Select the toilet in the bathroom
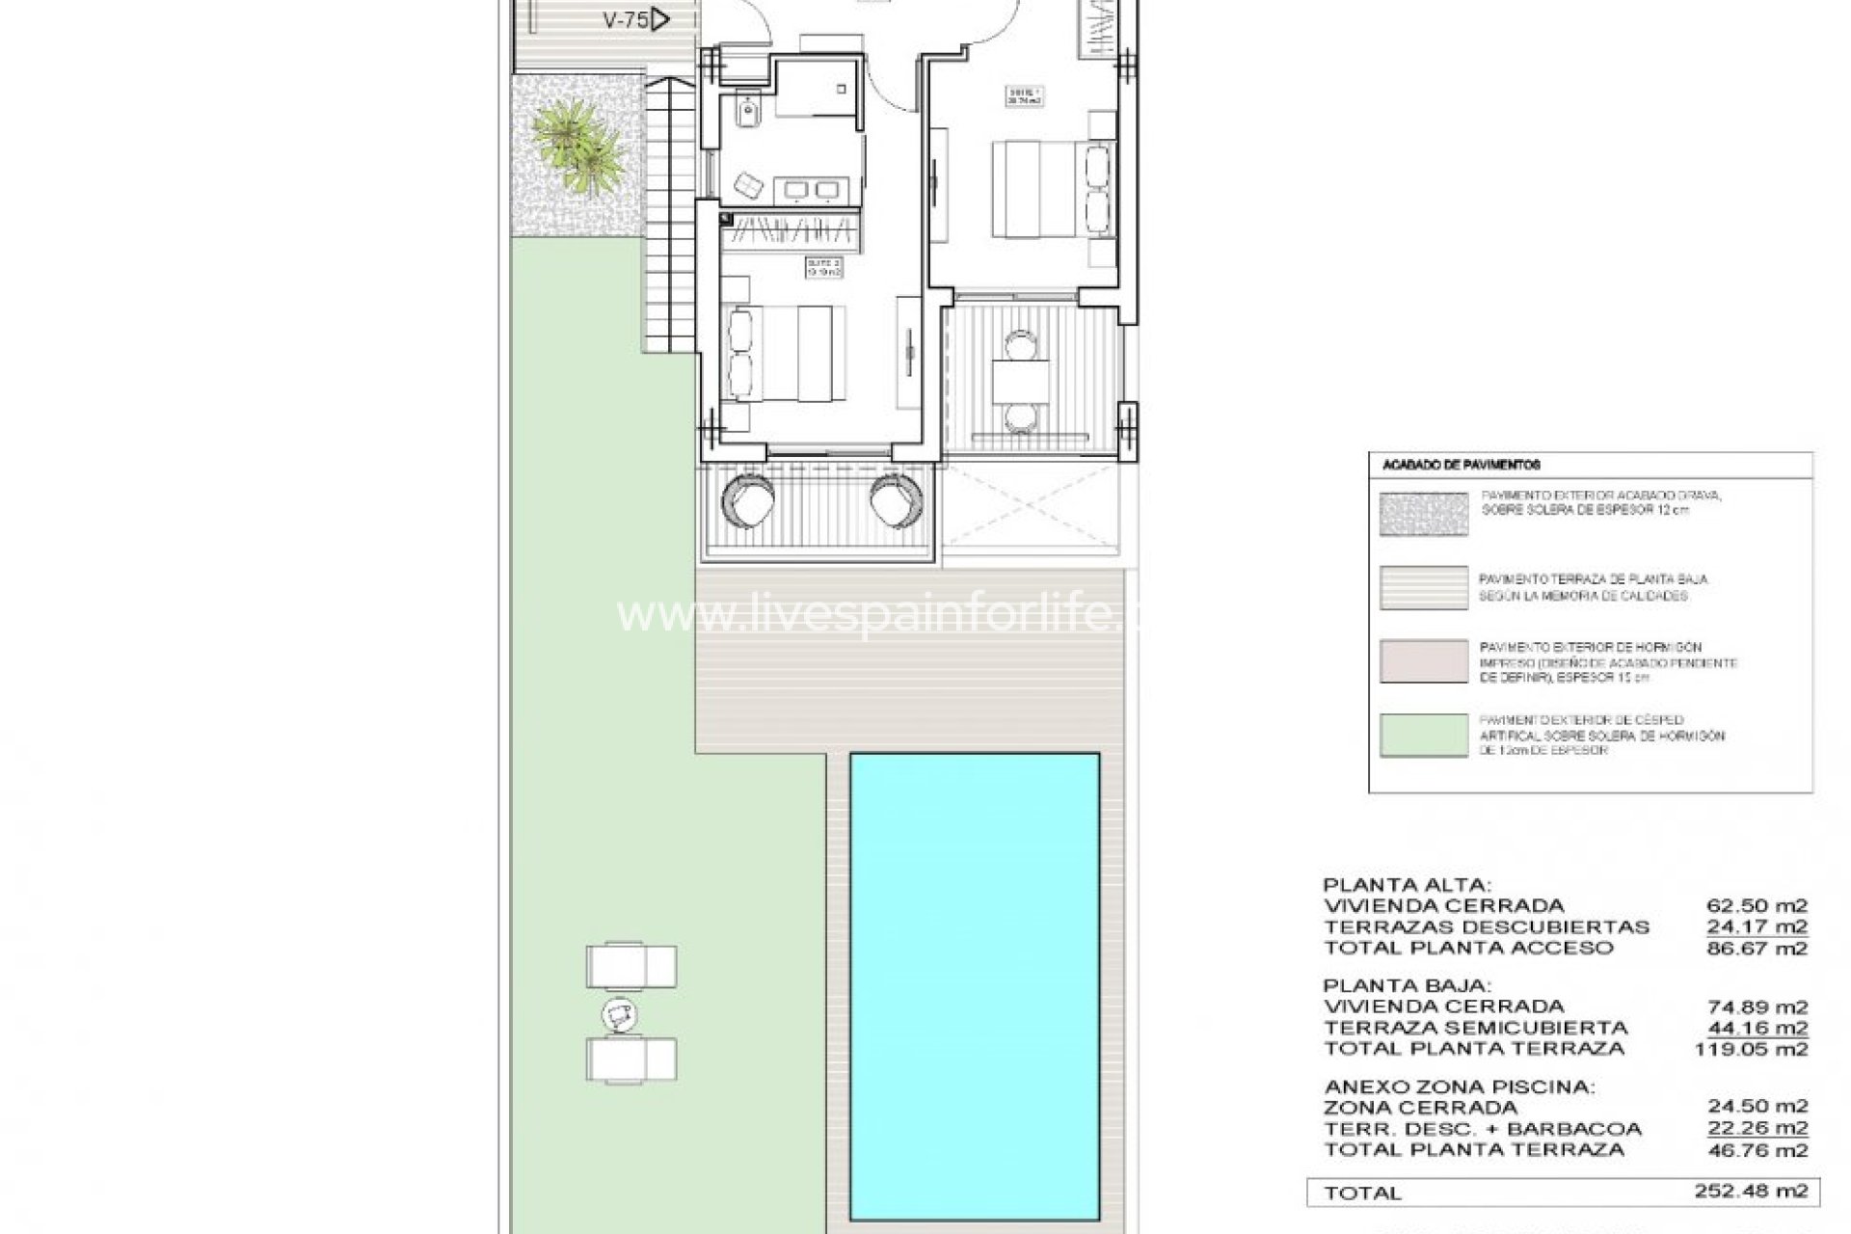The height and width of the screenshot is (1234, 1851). click(x=745, y=117)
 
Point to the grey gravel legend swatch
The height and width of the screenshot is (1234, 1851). click(x=1423, y=514)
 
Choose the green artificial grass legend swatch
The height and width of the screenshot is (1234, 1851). click(x=1423, y=735)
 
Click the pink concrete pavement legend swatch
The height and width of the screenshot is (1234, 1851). click(x=1423, y=661)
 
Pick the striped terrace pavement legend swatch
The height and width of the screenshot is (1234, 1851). click(x=1423, y=587)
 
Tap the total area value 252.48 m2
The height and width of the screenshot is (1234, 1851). click(x=1751, y=1192)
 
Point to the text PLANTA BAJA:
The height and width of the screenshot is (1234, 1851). click(x=1407, y=986)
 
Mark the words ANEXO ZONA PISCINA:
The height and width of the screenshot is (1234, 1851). click(x=1459, y=1087)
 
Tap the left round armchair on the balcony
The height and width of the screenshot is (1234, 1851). click(x=748, y=500)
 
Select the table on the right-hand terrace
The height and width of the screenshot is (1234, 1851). click(x=1022, y=383)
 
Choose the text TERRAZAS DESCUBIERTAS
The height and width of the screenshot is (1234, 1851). click(x=1486, y=927)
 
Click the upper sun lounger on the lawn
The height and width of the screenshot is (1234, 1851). click(x=631, y=966)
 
